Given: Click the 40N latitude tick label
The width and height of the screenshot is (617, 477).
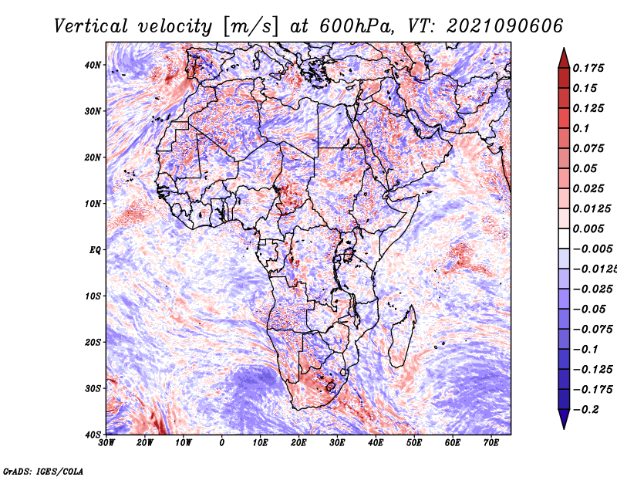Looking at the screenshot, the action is [93, 65].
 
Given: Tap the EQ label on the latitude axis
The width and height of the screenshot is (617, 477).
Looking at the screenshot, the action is [95, 250].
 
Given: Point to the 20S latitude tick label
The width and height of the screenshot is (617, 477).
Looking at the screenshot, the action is [93, 342].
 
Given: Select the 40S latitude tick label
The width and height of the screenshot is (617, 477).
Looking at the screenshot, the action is [93, 435].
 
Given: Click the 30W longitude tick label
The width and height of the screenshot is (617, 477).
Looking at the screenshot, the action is [106, 443].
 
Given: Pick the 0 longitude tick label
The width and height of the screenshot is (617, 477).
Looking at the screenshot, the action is [222, 443].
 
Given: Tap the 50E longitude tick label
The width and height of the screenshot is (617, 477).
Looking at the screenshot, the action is [414, 443].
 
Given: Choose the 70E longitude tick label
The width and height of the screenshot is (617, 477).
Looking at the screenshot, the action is [491, 443].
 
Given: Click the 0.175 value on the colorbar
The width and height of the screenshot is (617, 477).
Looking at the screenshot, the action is [588, 68].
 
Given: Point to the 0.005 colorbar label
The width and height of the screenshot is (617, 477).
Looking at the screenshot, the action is [588, 228].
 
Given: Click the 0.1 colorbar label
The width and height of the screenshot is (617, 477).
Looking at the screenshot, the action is [581, 128].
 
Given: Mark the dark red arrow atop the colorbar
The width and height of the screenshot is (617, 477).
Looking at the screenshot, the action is [564, 59].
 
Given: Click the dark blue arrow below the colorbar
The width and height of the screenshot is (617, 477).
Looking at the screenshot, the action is [564, 419].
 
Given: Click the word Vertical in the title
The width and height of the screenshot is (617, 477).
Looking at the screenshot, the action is [90, 26].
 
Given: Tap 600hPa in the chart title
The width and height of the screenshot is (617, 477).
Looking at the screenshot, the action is [356, 26].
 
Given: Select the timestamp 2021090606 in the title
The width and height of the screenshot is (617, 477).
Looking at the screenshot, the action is [504, 26].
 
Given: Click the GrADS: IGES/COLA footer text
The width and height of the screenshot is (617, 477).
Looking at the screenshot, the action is [43, 472].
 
